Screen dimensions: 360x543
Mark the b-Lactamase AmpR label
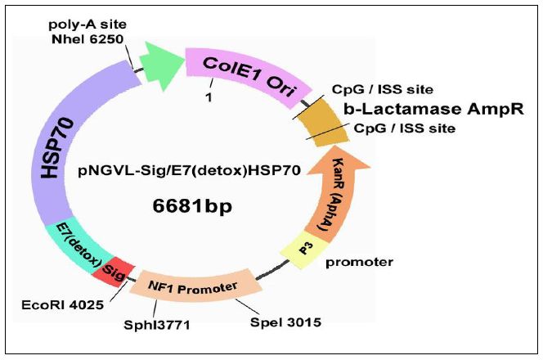coord(433,108)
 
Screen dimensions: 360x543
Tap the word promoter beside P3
coord(359,263)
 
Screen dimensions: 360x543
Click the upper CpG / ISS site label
coord(382,89)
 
